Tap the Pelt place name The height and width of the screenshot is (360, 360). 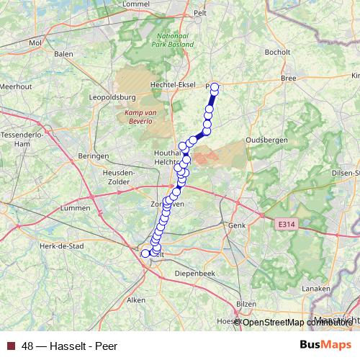200,14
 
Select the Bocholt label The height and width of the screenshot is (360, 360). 277,52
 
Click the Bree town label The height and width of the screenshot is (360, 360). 289,77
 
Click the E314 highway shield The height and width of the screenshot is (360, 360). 287,225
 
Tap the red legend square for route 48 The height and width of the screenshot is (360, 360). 11,346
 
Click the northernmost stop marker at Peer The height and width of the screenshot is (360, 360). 214,87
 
